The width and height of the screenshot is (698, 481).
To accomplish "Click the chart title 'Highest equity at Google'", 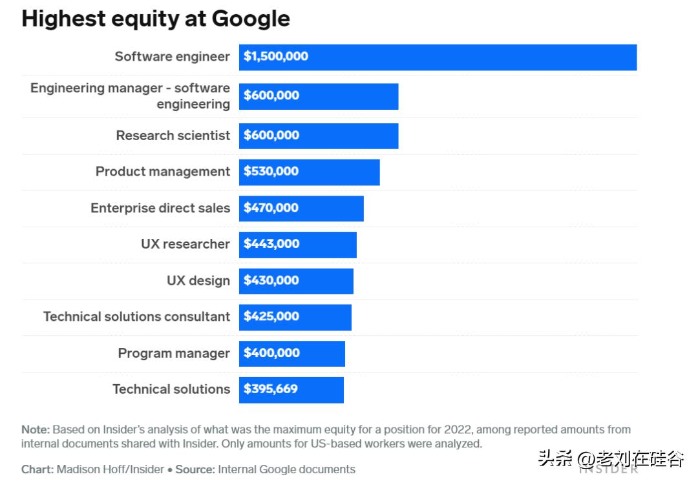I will [156, 19].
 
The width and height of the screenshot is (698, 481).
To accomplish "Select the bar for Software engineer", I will [438, 57].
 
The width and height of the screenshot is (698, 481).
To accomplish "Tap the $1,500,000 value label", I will [276, 57].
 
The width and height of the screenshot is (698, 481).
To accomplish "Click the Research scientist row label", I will [173, 136].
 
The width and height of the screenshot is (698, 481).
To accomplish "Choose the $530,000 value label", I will [271, 172].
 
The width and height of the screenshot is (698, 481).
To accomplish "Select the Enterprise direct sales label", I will [160, 208].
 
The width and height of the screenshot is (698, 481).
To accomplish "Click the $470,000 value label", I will [271, 208].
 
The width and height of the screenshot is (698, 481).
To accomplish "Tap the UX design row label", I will [198, 281].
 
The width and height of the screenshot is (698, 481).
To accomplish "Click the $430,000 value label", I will [271, 281].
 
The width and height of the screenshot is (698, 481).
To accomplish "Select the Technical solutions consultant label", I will [136, 317].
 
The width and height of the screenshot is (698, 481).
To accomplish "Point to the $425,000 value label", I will [271, 317].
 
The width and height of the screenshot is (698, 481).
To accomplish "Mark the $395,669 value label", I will [270, 389].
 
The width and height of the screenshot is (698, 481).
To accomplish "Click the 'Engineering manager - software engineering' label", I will [130, 96].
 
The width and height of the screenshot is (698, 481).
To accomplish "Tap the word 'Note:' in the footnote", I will [36, 430].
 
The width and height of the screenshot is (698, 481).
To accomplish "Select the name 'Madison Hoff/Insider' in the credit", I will [110, 469].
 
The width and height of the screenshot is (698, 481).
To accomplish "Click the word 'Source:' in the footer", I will [196, 469].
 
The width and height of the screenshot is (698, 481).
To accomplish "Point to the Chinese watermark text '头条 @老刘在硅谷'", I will [611, 460].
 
